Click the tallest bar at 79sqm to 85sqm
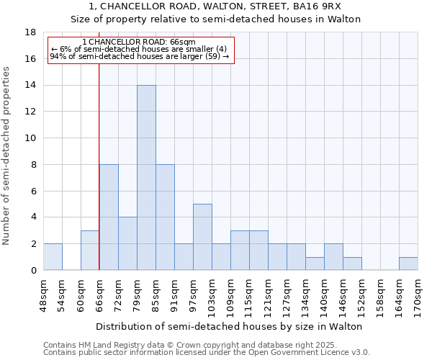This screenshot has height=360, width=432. coord(146,178)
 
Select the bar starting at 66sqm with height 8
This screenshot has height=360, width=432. coord(109,217)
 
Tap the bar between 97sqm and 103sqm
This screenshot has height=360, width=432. coord(202,237)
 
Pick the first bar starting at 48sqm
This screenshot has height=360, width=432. coord(53,257)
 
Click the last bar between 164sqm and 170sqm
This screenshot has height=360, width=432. coord(408,264)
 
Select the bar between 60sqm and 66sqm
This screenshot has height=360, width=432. coord(90,251)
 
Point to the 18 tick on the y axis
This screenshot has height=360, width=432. coord(31,32)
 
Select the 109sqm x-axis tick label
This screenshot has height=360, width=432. coord(230,296)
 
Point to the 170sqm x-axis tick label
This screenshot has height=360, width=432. coord(418,296)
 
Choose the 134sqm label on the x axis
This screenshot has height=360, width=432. coord(305,296)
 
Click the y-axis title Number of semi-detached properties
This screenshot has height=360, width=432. coord(7,156)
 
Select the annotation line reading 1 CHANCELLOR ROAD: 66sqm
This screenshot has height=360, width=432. coord(139,42)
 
